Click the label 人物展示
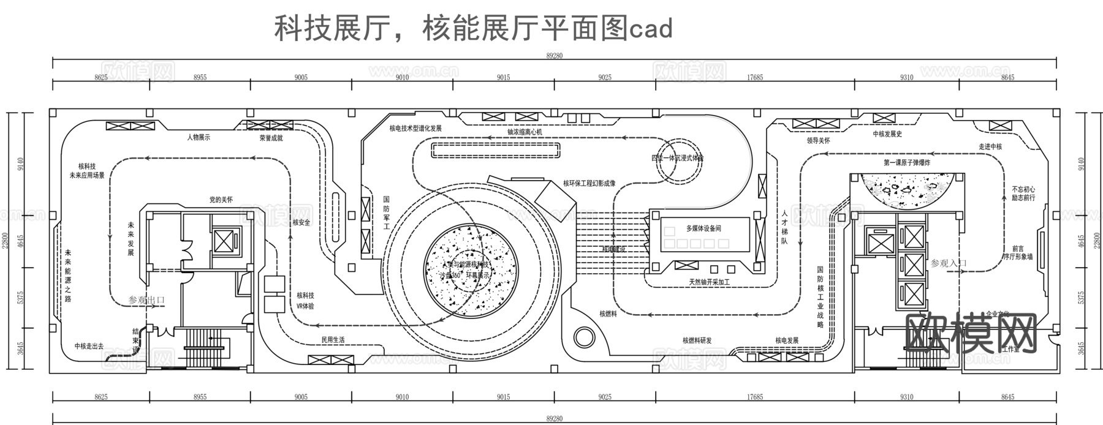click(199, 138)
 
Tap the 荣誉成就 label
click(271, 138)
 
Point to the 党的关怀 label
click(221, 200)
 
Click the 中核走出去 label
click(89, 346)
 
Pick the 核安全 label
click(301, 223)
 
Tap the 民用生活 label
click(333, 340)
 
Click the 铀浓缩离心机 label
click(525, 132)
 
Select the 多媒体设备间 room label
click(703, 228)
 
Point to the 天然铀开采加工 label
click(709, 282)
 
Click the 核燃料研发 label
click(697, 340)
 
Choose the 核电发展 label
click(787, 340)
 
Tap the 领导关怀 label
click(819, 140)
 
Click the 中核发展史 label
click(887, 134)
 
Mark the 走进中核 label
click(990, 147)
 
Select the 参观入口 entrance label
click(949, 263)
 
